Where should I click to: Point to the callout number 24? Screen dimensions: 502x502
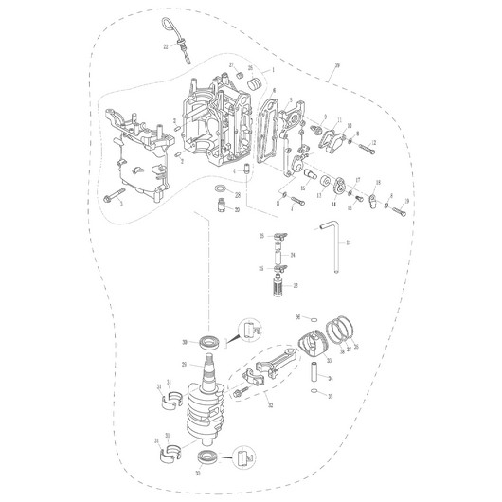pos(294,255)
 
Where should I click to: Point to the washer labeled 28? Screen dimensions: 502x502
pos(219,196)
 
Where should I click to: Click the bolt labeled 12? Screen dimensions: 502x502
pos(365,144)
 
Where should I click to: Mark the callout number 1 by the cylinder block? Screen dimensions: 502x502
pos(273,70)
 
